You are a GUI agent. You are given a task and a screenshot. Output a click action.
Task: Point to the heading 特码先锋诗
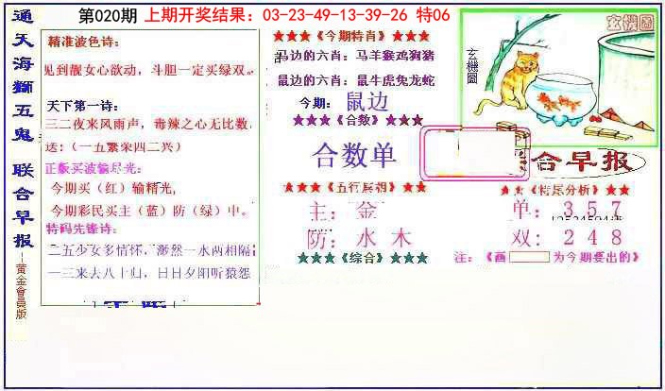coord(84,229)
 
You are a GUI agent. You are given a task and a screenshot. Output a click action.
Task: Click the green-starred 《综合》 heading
coord(362,257)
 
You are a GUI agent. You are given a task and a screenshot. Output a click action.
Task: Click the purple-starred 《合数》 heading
coord(357,121)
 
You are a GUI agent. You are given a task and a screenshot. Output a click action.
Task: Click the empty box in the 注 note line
coord(529,257)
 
